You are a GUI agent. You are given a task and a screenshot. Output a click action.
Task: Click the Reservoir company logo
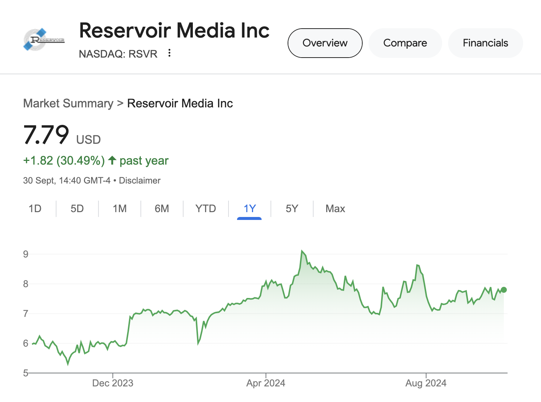(x=44, y=40)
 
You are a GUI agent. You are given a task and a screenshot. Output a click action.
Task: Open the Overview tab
(x=325, y=43)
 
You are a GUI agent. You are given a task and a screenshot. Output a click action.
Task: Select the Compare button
(x=405, y=43)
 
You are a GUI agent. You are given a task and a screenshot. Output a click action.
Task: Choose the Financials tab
(x=485, y=43)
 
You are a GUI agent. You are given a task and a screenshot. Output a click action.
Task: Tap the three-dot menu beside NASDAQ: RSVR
(x=169, y=53)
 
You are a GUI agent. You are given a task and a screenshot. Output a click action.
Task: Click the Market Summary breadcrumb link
(x=68, y=103)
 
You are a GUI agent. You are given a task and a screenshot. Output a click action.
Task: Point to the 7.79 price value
(x=46, y=134)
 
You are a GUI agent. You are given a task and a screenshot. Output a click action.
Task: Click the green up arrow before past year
(x=112, y=160)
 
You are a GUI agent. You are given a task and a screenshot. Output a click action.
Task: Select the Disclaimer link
(x=140, y=181)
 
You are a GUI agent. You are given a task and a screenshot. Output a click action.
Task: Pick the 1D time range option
(x=35, y=209)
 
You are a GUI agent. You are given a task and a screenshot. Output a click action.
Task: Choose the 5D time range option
(x=77, y=209)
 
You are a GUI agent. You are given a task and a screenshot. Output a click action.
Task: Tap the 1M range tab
(x=120, y=209)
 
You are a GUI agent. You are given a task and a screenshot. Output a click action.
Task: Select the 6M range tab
(x=162, y=209)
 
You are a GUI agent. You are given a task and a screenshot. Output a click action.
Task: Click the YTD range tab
(x=205, y=209)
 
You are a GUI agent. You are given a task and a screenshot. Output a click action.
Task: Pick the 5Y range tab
(x=292, y=209)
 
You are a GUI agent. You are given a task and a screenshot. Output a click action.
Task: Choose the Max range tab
(x=335, y=209)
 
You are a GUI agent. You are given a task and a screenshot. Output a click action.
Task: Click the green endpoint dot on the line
(x=504, y=290)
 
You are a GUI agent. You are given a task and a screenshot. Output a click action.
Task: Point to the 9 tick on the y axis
(x=26, y=254)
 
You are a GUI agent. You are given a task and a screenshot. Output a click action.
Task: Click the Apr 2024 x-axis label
(x=266, y=383)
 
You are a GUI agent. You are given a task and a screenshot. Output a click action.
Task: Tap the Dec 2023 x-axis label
(x=113, y=383)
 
